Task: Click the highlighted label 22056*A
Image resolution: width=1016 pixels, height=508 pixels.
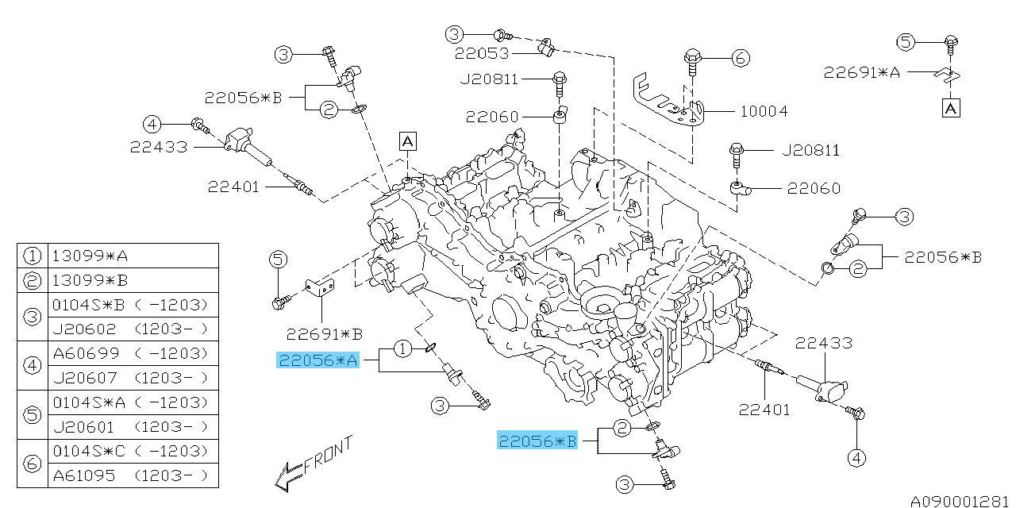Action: (x=317, y=361)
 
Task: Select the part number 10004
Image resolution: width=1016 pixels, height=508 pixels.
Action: (x=764, y=111)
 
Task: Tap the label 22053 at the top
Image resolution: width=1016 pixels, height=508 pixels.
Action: (x=481, y=54)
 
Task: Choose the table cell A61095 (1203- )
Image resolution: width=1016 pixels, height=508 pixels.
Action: (x=132, y=475)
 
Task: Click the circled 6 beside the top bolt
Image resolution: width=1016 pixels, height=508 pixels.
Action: (x=740, y=57)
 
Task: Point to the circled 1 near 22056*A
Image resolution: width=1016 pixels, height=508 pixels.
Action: (x=403, y=348)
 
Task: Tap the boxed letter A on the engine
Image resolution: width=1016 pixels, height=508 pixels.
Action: (x=407, y=141)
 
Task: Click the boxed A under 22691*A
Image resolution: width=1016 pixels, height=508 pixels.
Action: (x=951, y=107)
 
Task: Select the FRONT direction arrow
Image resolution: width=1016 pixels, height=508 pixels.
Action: (x=311, y=464)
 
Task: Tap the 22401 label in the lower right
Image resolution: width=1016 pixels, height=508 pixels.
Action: (x=764, y=410)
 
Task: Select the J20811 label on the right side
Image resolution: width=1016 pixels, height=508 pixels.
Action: (x=810, y=150)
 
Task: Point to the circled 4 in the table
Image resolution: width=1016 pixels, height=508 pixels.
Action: (x=32, y=365)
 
